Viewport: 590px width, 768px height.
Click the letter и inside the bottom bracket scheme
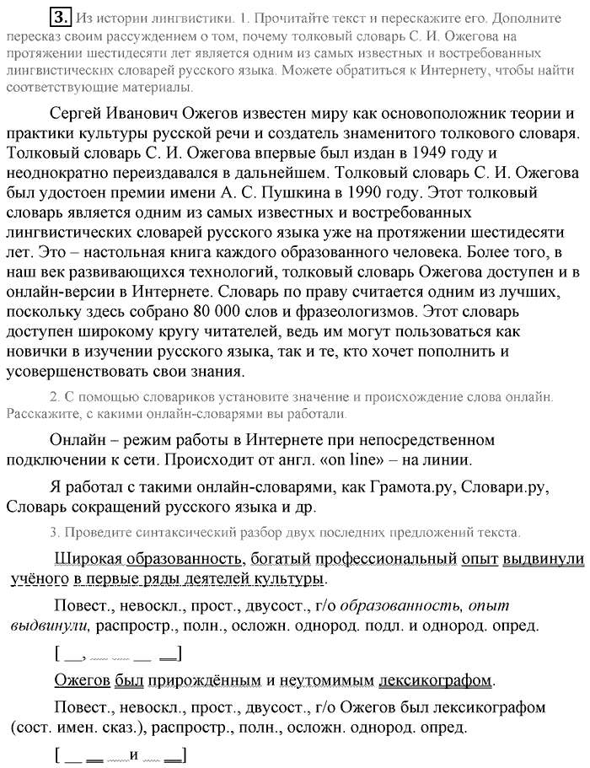point(133,755)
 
